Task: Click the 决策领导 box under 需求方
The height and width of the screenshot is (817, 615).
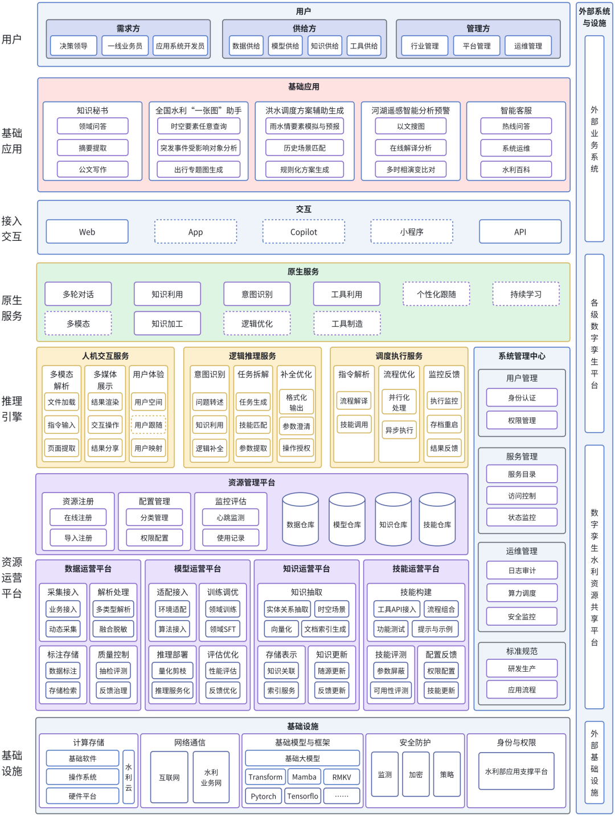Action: click(73, 46)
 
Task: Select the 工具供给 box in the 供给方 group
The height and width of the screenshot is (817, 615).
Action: click(364, 46)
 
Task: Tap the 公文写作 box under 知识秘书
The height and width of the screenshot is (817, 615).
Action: click(93, 170)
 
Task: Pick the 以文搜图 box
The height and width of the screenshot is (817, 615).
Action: click(411, 126)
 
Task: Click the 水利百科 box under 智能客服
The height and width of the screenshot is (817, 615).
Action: click(516, 170)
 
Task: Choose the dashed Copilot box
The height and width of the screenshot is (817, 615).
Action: click(304, 232)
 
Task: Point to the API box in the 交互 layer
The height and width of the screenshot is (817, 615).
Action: click(520, 232)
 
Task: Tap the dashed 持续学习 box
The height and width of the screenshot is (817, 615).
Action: click(526, 294)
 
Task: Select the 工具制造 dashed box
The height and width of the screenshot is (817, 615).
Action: click(347, 323)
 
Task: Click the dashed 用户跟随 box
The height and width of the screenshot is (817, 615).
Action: click(148, 425)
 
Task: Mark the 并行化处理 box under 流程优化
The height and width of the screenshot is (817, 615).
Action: click(399, 403)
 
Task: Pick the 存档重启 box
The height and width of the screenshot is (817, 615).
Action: click(444, 425)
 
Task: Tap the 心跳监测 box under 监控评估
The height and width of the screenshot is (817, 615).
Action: click(231, 518)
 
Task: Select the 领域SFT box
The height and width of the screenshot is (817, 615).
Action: click(223, 629)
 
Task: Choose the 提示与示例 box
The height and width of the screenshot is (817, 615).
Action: click(435, 629)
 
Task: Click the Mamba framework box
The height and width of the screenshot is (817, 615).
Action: click(304, 777)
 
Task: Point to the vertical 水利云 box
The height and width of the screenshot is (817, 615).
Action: click(129, 777)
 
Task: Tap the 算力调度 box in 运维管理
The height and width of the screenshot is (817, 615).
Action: click(522, 593)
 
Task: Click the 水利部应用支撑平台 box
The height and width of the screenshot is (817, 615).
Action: click(516, 771)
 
